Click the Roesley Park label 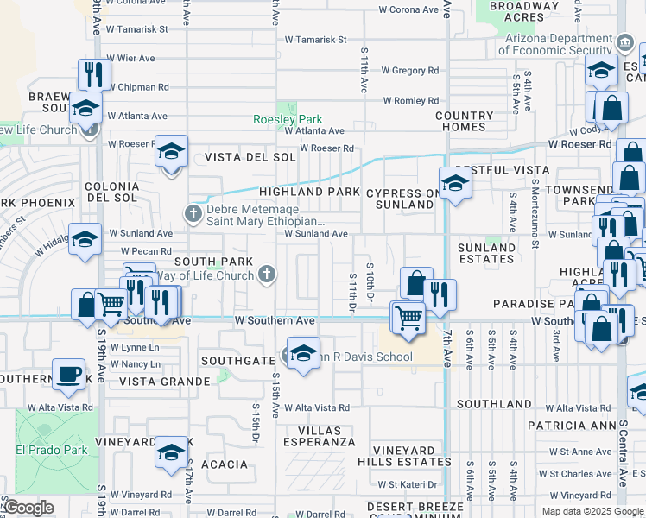287,120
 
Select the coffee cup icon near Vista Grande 68,374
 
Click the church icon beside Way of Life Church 268,275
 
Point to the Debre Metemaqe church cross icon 193,212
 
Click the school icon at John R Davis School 303,353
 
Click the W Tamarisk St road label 316,40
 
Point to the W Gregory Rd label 409,71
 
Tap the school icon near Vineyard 172,452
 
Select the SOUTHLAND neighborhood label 494,404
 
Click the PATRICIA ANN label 569,426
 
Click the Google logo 28,508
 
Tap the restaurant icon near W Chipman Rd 94,73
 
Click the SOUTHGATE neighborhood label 237,360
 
